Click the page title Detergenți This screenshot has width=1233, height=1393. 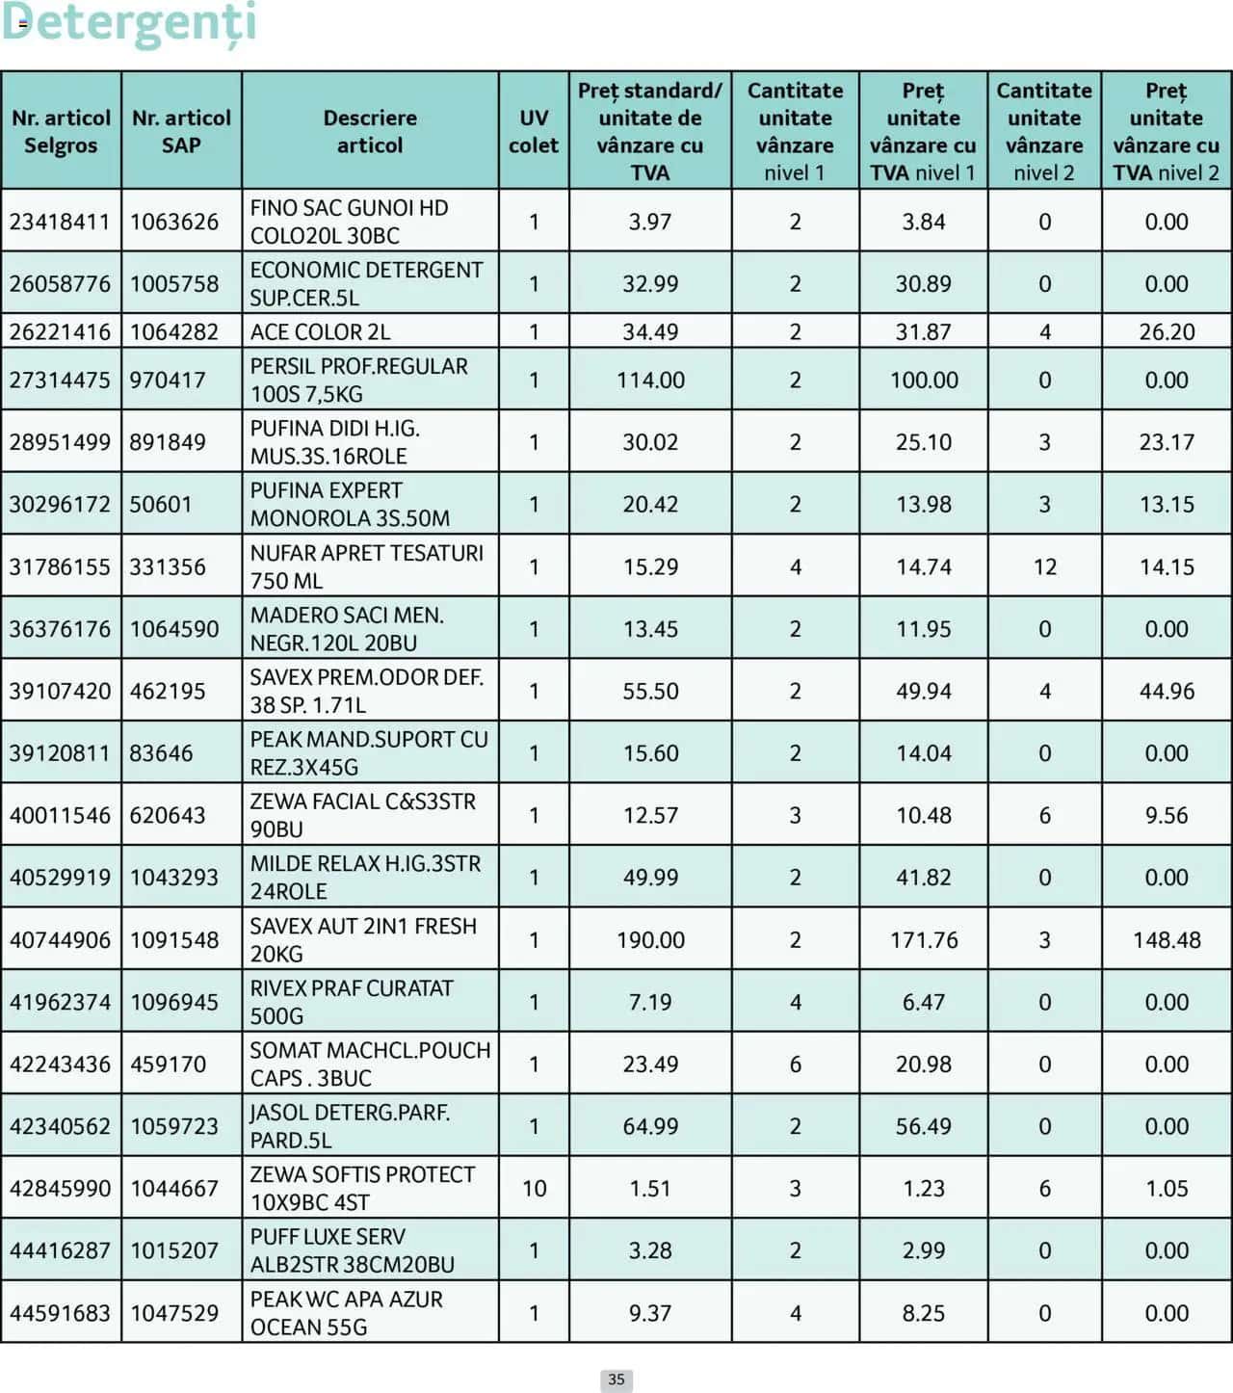129,23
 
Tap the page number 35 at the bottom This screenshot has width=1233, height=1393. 616,1380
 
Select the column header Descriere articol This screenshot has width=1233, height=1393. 370,131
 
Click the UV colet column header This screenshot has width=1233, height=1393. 534,131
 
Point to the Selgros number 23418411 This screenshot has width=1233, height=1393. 60,222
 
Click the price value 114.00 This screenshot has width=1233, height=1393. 650,381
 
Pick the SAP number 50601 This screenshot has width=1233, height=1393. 161,505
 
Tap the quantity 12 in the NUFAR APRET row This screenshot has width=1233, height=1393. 1045,567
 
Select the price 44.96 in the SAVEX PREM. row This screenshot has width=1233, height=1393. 1167,692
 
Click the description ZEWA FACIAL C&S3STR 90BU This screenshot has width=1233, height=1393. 363,815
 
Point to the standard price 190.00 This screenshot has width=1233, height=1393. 650,940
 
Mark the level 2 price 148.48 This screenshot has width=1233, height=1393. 1167,940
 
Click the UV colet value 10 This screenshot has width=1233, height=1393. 534,1189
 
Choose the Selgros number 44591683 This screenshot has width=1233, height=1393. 60,1313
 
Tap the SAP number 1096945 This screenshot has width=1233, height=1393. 174,1002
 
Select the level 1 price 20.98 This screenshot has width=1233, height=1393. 923,1064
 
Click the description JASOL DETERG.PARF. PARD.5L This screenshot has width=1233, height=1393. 350,1126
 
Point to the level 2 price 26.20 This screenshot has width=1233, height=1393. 1167,332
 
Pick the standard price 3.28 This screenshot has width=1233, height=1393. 650,1250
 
